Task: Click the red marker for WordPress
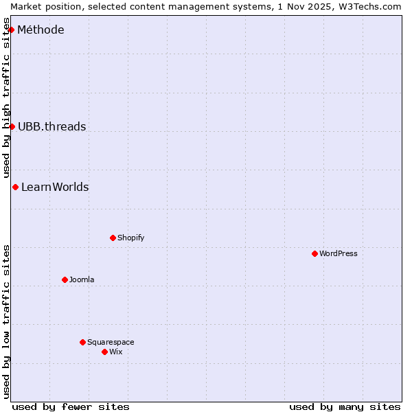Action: tap(314, 253)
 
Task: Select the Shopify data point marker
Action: tap(113, 238)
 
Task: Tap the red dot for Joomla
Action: tap(65, 279)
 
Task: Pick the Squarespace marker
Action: tap(82, 342)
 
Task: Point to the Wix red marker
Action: tap(104, 352)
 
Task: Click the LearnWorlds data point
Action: tap(15, 187)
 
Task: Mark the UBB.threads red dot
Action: tap(12, 126)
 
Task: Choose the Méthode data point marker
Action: tap(11, 30)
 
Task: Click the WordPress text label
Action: tap(339, 253)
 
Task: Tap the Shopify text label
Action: tap(131, 238)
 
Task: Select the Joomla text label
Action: tap(82, 279)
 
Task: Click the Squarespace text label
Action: tap(111, 342)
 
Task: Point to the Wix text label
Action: tap(116, 352)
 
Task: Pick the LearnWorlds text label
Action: tap(55, 187)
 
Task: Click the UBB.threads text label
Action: tap(52, 126)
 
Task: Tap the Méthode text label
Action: tap(41, 30)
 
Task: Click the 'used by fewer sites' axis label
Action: tap(71, 407)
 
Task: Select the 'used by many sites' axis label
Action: tap(345, 407)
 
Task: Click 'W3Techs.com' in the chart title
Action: tap(367, 5)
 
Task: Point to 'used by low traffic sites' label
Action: tap(6, 321)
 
